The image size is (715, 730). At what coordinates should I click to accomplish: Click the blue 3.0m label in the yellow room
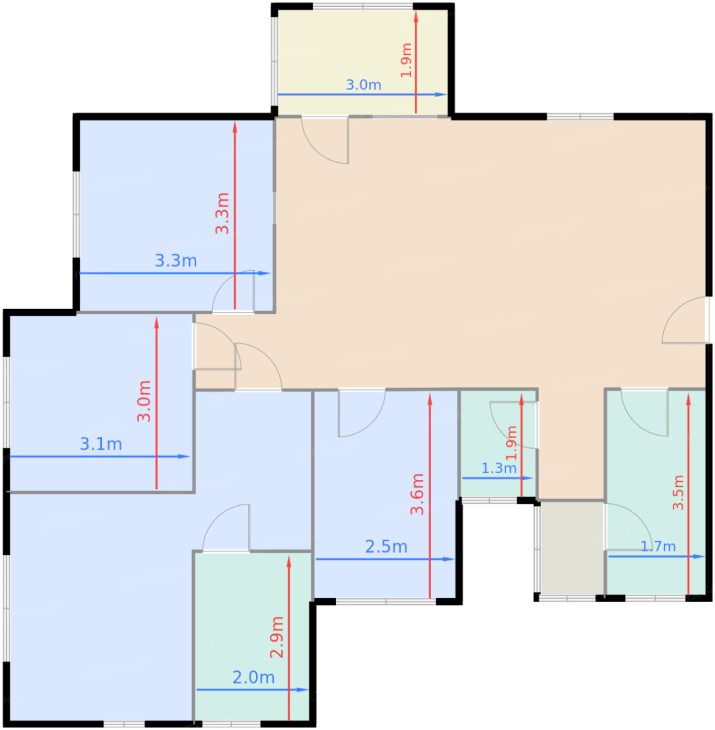click(x=363, y=85)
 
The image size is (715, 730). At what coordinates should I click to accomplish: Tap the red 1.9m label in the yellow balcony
click(x=407, y=60)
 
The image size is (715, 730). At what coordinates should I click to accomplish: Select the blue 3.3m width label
click(x=176, y=260)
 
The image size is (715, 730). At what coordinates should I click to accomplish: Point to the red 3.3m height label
click(x=222, y=213)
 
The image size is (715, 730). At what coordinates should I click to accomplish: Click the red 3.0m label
click(x=144, y=401)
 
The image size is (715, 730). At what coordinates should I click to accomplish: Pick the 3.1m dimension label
click(x=101, y=444)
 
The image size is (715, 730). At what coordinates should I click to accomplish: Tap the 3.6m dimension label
click(x=417, y=494)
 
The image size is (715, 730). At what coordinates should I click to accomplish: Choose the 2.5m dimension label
click(x=386, y=547)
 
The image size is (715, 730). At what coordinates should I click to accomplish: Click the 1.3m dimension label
click(x=499, y=468)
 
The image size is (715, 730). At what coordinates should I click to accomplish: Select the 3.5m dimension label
click(x=678, y=492)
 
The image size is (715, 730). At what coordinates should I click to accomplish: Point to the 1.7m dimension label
click(x=658, y=546)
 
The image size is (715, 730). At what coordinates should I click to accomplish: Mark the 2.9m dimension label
click(x=277, y=637)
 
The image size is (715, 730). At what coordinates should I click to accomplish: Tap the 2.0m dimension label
click(x=254, y=677)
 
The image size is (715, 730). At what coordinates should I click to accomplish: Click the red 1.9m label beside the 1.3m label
click(x=511, y=443)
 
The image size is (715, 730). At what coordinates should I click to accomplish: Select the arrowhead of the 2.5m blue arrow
click(x=449, y=559)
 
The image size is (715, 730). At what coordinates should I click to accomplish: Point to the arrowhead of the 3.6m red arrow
click(x=430, y=399)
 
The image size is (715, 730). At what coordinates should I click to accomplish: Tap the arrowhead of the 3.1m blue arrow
click(x=184, y=457)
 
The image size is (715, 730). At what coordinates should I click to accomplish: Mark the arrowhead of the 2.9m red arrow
click(x=289, y=562)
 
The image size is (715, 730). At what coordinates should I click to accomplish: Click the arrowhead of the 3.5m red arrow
click(x=688, y=399)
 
